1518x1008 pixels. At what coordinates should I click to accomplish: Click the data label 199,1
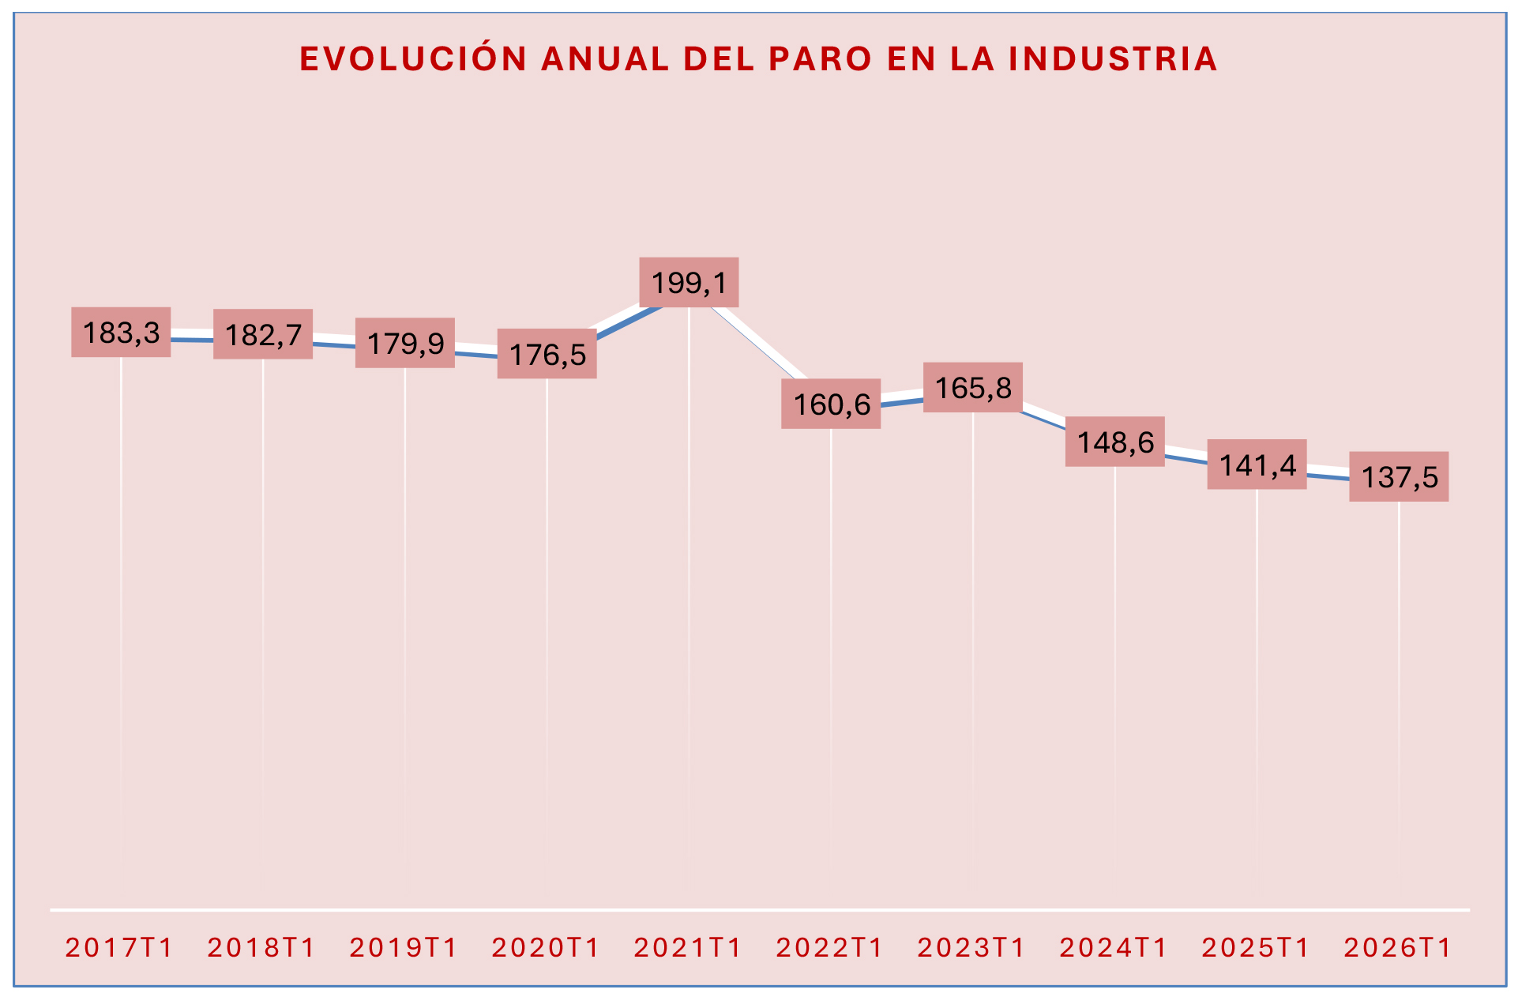tap(689, 282)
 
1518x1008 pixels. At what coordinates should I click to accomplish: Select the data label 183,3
tap(121, 333)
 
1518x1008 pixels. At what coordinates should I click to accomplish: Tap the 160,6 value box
tap(831, 404)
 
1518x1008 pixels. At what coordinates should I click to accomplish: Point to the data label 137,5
tap(1399, 477)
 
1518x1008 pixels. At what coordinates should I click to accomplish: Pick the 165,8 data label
tap(973, 388)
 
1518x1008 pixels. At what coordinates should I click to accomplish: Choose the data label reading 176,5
tap(547, 355)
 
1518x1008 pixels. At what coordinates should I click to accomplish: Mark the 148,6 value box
tap(1114, 442)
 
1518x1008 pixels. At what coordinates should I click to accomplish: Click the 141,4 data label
tap(1257, 465)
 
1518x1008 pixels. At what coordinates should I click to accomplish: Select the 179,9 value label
tap(405, 344)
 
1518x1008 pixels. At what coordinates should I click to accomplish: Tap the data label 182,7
tap(263, 335)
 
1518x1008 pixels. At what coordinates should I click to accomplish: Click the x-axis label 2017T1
tap(119, 947)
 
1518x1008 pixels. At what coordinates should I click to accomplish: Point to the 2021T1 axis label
tap(688, 947)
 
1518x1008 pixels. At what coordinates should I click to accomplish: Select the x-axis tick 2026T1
tap(1397, 947)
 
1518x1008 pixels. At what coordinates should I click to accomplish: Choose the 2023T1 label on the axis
tap(971, 947)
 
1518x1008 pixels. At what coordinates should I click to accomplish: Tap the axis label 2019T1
tap(404, 947)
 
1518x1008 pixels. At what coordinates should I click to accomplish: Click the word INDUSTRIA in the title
tap(1113, 60)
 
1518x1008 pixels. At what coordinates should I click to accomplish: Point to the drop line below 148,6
tap(1114, 632)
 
